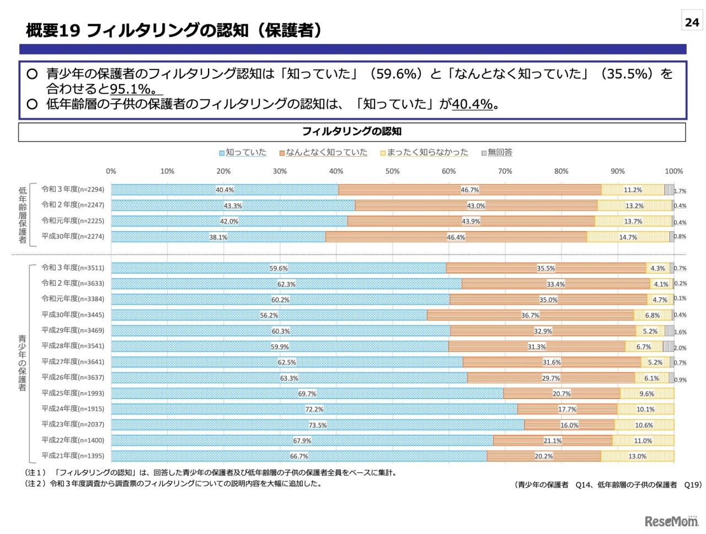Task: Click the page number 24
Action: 692,22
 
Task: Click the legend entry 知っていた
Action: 243,153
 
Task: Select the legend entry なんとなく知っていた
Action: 323,153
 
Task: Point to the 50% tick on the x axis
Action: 392,171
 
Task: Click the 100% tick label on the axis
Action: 673,171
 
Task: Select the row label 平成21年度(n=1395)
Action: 73,456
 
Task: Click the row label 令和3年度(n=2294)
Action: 73,189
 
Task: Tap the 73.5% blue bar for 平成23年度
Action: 317,425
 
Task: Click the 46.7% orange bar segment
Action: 470,190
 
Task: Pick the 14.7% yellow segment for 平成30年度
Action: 628,237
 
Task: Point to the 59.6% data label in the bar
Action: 279,268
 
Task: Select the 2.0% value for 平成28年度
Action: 680,348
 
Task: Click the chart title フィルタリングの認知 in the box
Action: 352,131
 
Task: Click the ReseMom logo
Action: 671,521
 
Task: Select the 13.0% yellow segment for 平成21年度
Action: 637,456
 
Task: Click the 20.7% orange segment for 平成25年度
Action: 561,393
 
